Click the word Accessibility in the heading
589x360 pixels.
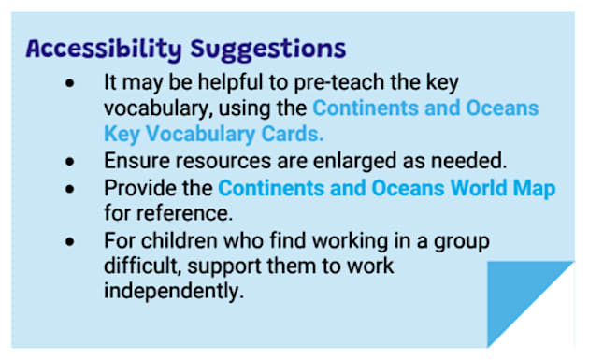[102, 48]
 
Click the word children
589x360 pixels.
[173, 241]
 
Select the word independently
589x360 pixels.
[173, 291]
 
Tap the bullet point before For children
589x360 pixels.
[72, 242]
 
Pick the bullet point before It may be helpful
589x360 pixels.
[72, 83]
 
